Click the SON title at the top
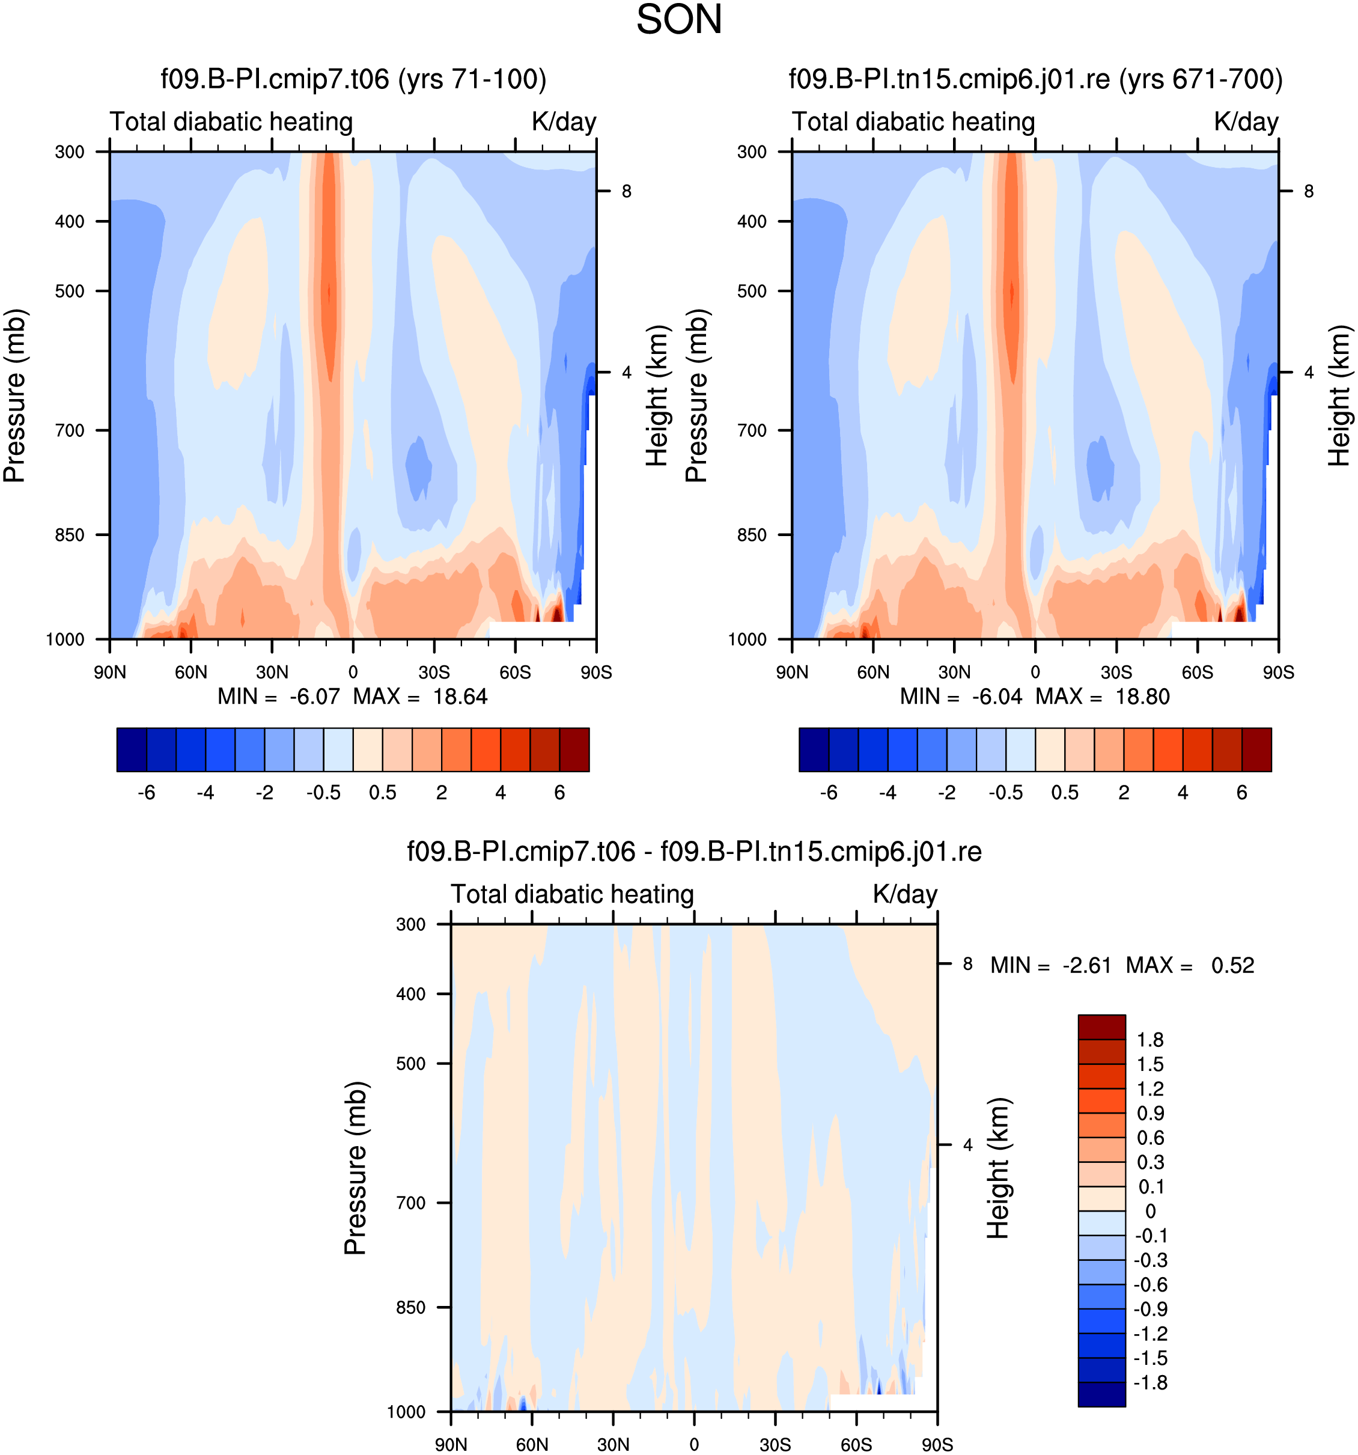click(x=679, y=20)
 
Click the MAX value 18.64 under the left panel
click(x=460, y=696)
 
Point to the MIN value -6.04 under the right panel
click(x=996, y=696)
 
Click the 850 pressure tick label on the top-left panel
click(x=70, y=535)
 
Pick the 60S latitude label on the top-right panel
click(x=1197, y=672)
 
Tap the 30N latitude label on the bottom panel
click(x=613, y=1444)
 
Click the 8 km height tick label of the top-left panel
click(x=626, y=191)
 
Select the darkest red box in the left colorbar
click(x=574, y=749)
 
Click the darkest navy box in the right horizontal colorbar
click(x=814, y=749)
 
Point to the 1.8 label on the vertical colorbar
click(x=1150, y=1040)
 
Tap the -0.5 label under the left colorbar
click(x=323, y=793)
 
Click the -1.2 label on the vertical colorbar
click(x=1150, y=1334)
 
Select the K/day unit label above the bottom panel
click(x=905, y=894)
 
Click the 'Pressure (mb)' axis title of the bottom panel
click(x=356, y=1168)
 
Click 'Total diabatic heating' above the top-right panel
click(x=913, y=121)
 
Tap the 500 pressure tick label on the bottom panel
click(x=410, y=1063)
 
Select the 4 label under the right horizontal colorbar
click(x=1183, y=793)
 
